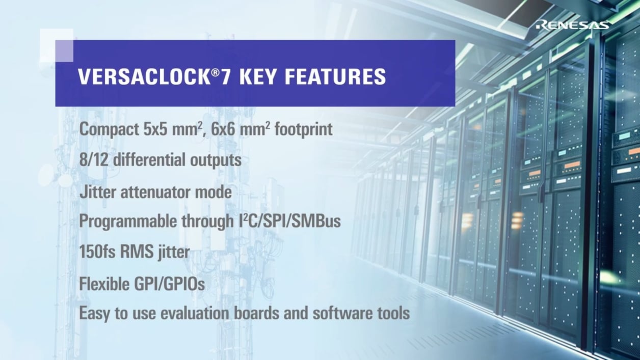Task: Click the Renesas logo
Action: (574, 24)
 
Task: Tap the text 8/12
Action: (94, 160)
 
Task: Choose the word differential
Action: (148, 160)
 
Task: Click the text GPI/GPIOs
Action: (169, 284)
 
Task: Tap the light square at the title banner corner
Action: (57, 45)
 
